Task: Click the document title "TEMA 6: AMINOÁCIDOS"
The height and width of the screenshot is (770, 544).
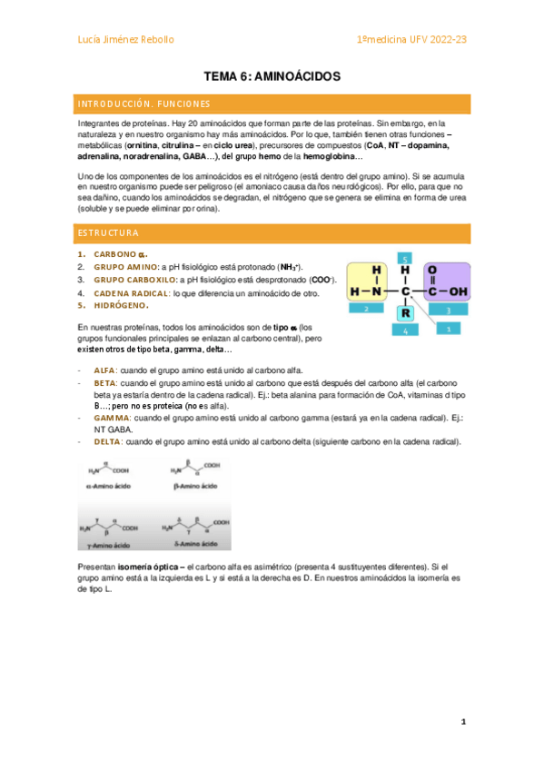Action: pos(272,77)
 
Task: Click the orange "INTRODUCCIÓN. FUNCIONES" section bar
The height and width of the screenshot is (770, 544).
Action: pos(272,104)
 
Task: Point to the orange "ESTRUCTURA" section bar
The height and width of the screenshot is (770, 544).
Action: pos(272,232)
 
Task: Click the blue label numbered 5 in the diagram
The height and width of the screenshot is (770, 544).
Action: pos(406,257)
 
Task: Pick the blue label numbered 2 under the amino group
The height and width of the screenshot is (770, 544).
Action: pos(365,309)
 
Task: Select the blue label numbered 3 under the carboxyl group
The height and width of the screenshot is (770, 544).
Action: pos(447,310)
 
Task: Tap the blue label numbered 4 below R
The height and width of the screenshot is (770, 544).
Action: pos(406,331)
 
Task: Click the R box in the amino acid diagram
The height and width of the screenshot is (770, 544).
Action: pos(406,312)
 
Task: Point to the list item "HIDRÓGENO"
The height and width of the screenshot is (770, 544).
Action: pos(121,306)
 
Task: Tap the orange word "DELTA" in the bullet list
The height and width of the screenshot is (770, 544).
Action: pos(108,442)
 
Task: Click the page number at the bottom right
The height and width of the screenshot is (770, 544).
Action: pos(463,723)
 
